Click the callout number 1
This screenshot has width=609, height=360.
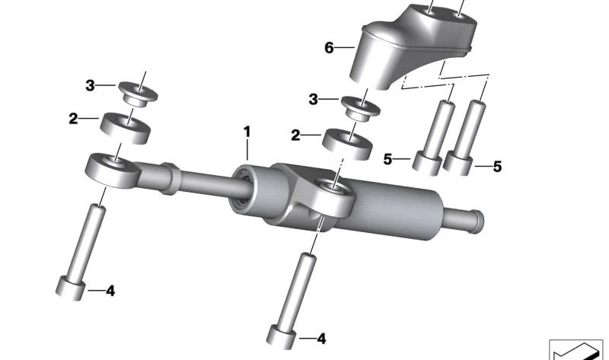247,132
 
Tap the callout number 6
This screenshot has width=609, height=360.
329,48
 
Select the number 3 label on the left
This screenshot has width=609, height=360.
90,85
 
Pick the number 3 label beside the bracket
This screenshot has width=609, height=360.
314,100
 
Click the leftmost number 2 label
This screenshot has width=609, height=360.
73,119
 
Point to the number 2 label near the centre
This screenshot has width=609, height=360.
295,135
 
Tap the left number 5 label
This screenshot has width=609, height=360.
387,159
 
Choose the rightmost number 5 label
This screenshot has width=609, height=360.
497,167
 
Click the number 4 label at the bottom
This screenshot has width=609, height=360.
321,339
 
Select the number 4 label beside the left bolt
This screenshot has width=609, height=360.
110,291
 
